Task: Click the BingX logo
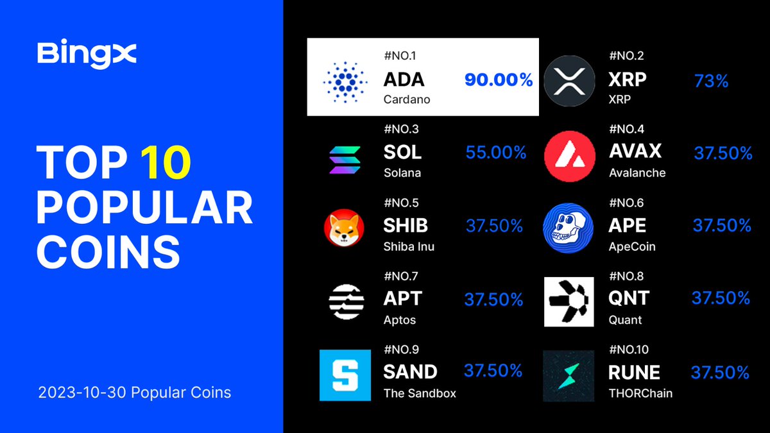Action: click(87, 54)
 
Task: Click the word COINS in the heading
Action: click(108, 252)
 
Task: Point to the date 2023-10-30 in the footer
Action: click(80, 392)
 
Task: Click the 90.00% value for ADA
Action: click(499, 80)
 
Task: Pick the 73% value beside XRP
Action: click(711, 81)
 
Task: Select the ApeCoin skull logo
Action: click(565, 229)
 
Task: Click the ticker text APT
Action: click(402, 298)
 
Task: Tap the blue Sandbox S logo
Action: click(345, 375)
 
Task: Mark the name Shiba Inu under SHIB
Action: click(409, 246)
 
